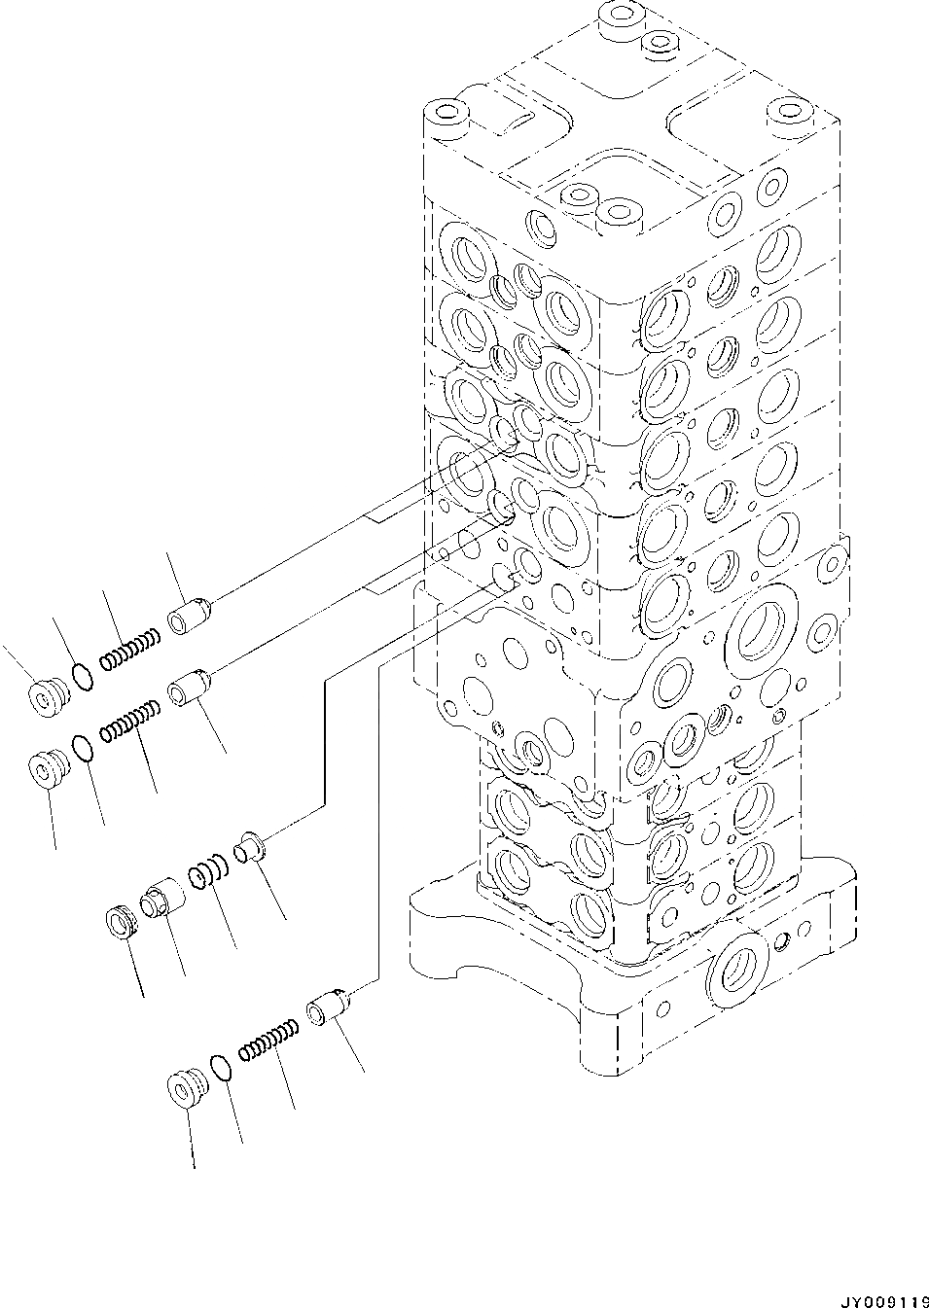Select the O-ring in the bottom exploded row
(222, 1067)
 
